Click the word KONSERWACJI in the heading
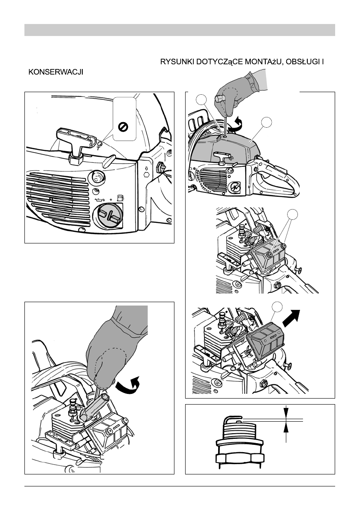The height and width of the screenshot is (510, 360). (56, 72)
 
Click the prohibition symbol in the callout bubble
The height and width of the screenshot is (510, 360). (123, 126)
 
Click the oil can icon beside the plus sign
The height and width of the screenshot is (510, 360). (99, 199)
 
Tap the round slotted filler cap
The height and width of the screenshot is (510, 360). (107, 215)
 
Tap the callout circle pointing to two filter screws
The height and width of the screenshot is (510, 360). (292, 214)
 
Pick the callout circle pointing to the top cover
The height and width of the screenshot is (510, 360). (267, 122)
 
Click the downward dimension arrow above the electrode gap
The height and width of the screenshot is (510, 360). (286, 412)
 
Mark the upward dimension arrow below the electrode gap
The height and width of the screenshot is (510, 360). (286, 433)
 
